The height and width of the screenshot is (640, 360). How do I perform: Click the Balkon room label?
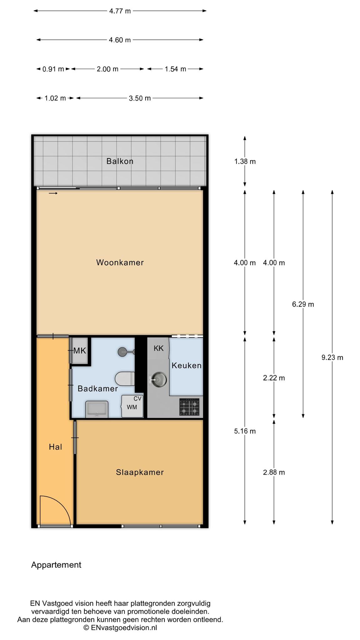pyautogui.click(x=120, y=161)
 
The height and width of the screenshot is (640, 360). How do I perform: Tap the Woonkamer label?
pyautogui.click(x=120, y=262)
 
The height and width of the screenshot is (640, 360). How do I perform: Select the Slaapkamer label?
pyautogui.click(x=140, y=472)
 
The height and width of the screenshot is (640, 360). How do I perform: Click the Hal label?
pyautogui.click(x=55, y=447)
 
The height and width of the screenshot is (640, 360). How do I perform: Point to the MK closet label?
pyautogui.click(x=79, y=351)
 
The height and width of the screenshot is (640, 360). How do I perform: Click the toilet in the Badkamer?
pyautogui.click(x=125, y=379)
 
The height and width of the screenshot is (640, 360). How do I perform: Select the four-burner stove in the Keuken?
pyautogui.click(x=189, y=407)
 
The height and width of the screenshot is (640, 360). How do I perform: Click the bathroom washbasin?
pyautogui.click(x=97, y=409)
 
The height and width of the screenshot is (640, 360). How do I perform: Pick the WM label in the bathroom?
pyautogui.click(x=132, y=407)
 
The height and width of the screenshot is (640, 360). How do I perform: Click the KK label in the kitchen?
pyautogui.click(x=158, y=348)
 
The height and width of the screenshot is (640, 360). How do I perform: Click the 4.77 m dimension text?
pyautogui.click(x=120, y=11)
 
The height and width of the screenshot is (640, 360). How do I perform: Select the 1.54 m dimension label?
pyautogui.click(x=175, y=69)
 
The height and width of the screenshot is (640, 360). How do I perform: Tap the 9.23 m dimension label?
pyautogui.click(x=332, y=357)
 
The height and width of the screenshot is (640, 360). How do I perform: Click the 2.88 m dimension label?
pyautogui.click(x=274, y=472)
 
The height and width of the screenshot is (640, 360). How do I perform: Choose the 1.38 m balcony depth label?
pyautogui.click(x=245, y=162)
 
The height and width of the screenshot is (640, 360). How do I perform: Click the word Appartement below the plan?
pyautogui.click(x=56, y=565)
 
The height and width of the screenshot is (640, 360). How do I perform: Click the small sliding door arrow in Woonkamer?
pyautogui.click(x=53, y=193)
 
